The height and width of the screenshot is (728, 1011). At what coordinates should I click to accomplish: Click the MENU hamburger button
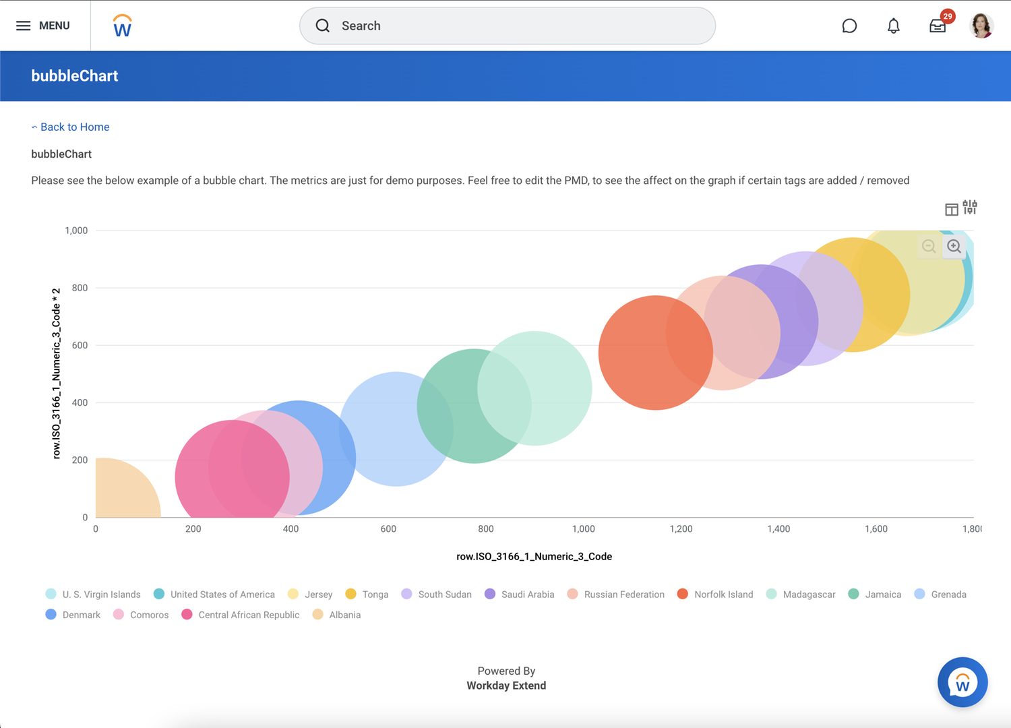[x=43, y=26]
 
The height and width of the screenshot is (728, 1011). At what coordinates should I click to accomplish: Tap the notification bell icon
[x=893, y=26]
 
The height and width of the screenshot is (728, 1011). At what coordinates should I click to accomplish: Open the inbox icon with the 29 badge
[x=938, y=26]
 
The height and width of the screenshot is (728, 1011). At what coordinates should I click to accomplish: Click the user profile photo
[x=981, y=26]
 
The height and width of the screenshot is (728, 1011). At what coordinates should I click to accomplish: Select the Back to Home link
[x=74, y=127]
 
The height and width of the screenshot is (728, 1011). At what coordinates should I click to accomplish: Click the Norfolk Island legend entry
[x=715, y=595]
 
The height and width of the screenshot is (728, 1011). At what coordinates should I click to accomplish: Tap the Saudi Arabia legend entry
[x=520, y=595]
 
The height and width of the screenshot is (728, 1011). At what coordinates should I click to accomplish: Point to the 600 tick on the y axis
[x=80, y=345]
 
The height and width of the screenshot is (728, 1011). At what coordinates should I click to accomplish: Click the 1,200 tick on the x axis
[x=681, y=529]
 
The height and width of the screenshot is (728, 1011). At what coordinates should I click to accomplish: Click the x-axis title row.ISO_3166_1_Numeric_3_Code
[x=534, y=557]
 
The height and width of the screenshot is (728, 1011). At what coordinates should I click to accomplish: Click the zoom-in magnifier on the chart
[x=954, y=247]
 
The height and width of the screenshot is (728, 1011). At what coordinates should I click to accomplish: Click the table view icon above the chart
[x=951, y=210]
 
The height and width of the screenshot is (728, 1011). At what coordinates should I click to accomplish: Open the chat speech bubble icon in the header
[x=849, y=26]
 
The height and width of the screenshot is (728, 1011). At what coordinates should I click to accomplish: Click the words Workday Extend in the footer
[x=506, y=686]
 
